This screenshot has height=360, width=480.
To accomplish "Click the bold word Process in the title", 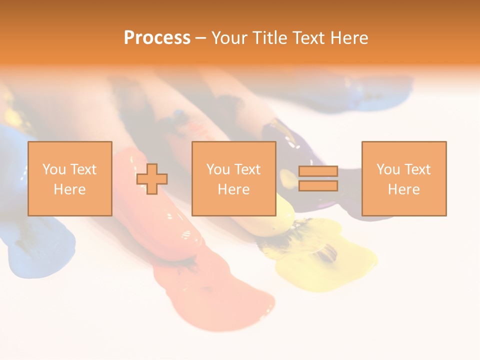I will [157, 38].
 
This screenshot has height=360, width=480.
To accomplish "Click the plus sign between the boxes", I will [152, 179].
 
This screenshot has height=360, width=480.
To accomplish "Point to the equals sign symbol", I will [318, 178].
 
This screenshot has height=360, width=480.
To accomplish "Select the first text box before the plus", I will [69, 178].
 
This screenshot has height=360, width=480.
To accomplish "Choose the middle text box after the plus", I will [233, 178].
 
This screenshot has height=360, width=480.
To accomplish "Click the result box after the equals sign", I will [403, 178].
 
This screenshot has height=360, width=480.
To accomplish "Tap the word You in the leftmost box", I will [53, 169].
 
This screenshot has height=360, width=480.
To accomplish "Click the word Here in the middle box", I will [233, 189].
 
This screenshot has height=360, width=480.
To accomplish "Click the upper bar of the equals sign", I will [318, 171].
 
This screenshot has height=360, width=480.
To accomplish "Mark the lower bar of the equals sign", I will [318, 186].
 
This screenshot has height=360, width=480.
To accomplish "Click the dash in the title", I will [200, 38].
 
